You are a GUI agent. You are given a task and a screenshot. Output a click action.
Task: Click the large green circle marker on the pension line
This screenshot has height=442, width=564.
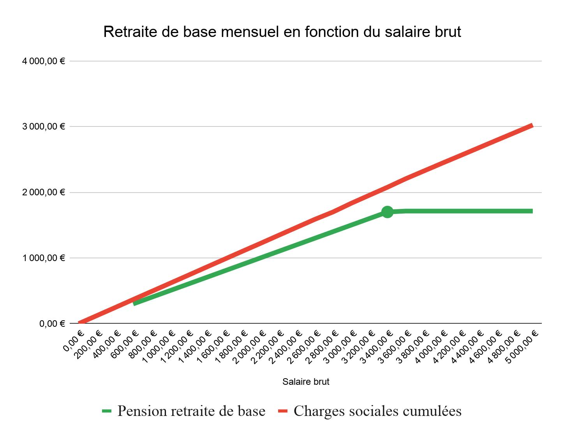387,212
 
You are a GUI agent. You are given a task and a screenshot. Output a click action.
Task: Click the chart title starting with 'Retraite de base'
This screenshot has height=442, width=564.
282,32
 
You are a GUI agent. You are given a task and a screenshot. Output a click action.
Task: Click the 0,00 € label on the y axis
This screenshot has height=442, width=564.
52,324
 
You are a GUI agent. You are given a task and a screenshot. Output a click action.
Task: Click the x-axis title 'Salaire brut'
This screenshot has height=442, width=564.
306,382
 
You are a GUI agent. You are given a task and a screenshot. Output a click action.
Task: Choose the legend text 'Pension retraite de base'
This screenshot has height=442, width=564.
191,411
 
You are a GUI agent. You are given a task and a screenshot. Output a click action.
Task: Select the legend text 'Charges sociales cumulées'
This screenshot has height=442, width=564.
377,411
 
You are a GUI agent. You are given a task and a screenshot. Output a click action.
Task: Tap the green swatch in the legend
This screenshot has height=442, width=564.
107,411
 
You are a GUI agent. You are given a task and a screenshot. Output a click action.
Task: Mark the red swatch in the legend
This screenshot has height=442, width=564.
283,411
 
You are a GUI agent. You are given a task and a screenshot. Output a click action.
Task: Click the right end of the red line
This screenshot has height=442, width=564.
532,125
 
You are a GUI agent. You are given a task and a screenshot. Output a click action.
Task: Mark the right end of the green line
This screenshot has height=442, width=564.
532,211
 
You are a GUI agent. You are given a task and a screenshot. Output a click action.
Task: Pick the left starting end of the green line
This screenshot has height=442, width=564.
134,303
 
